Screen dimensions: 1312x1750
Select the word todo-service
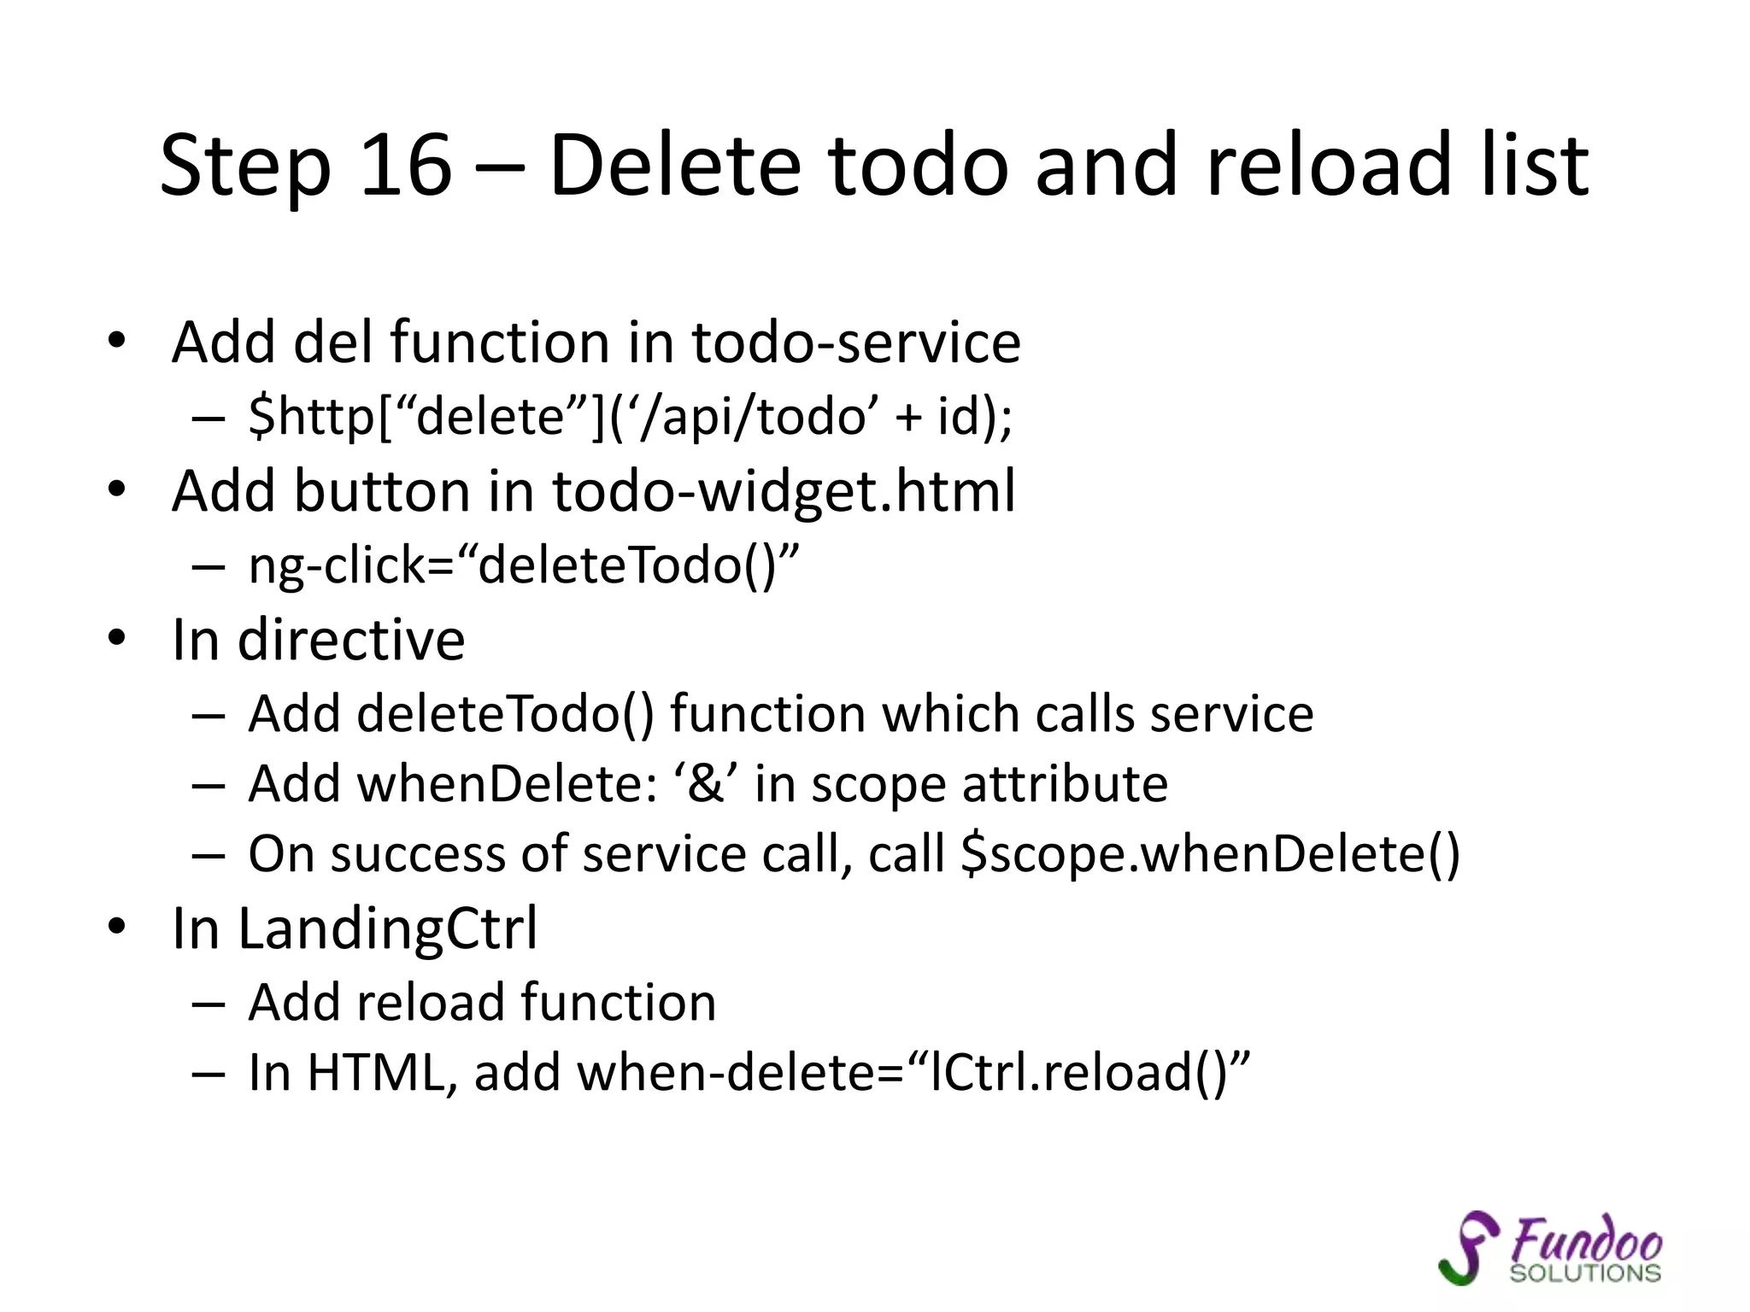tap(856, 343)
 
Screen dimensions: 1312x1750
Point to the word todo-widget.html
tap(784, 492)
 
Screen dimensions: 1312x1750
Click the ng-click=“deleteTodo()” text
tap(524, 565)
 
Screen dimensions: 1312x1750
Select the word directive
tap(351, 640)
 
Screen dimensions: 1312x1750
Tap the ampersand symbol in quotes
tap(706, 784)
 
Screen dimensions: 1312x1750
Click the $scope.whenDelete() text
tap(1210, 854)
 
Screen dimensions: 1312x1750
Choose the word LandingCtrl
tap(388, 928)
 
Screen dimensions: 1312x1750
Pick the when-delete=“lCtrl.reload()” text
tap(913, 1073)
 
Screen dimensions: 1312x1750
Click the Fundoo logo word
tap(1586, 1240)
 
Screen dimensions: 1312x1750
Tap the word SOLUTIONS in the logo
tap(1585, 1274)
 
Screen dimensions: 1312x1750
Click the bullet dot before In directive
tap(117, 638)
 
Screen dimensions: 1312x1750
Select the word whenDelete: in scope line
tap(508, 784)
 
